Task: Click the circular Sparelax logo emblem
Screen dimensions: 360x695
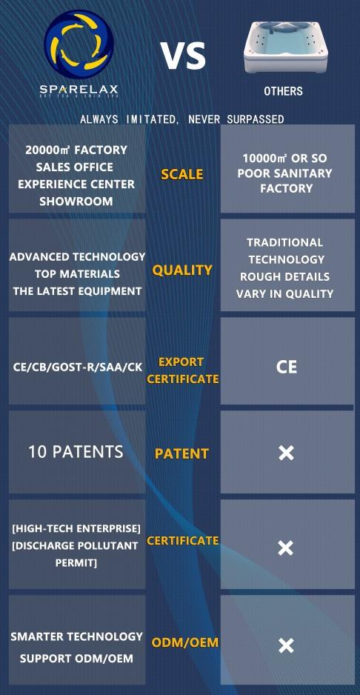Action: click(x=79, y=44)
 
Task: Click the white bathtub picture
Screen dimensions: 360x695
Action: click(x=287, y=47)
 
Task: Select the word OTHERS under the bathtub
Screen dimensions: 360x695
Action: click(x=283, y=91)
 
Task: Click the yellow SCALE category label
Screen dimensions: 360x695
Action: click(x=181, y=174)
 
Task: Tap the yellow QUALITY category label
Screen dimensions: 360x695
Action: click(x=182, y=270)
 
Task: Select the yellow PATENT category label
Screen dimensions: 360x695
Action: click(x=181, y=453)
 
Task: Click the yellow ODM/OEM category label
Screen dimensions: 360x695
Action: click(x=185, y=642)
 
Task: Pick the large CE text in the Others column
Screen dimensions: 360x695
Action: click(x=287, y=368)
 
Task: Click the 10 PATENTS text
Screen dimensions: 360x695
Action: click(x=76, y=452)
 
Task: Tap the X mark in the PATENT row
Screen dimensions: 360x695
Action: click(x=286, y=453)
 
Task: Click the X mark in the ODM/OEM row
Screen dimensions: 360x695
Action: click(x=286, y=645)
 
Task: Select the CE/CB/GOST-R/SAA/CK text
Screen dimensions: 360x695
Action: click(x=77, y=369)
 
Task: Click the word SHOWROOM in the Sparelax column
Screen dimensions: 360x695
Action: click(x=76, y=202)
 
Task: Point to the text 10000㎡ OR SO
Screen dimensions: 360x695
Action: click(x=284, y=159)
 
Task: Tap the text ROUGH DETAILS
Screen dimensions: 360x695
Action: click(x=284, y=276)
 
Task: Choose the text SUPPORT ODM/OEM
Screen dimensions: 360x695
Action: click(x=77, y=658)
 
